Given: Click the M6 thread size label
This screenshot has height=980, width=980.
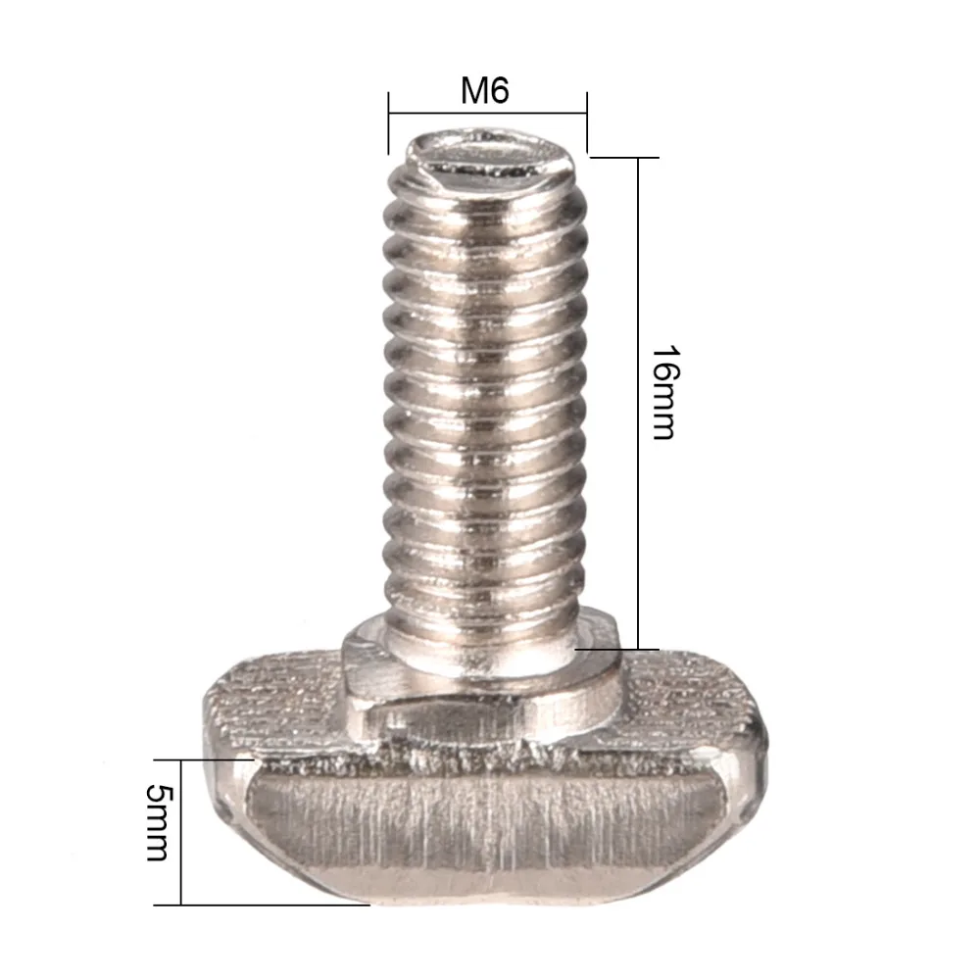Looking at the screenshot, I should tap(486, 92).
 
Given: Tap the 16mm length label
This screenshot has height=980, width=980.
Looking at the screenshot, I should tap(663, 392).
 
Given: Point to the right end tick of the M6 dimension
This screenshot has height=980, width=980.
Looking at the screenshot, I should tap(587, 122).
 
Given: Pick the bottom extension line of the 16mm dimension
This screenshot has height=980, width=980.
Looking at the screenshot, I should tap(617, 649).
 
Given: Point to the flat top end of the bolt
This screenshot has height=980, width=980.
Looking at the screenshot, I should tap(487, 157).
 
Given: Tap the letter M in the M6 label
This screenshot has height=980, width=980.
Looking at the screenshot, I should tap(474, 92).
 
